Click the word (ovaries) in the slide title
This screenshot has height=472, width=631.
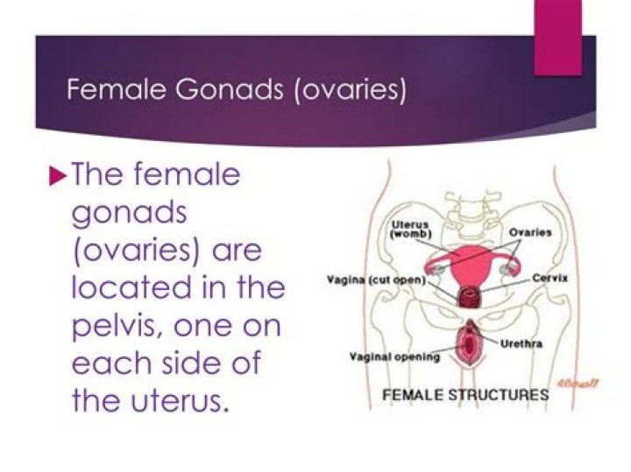point(351,90)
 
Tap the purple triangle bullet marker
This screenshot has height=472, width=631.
point(58,176)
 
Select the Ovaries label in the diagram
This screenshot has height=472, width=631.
point(530,232)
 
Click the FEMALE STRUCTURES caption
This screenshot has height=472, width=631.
point(465,394)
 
